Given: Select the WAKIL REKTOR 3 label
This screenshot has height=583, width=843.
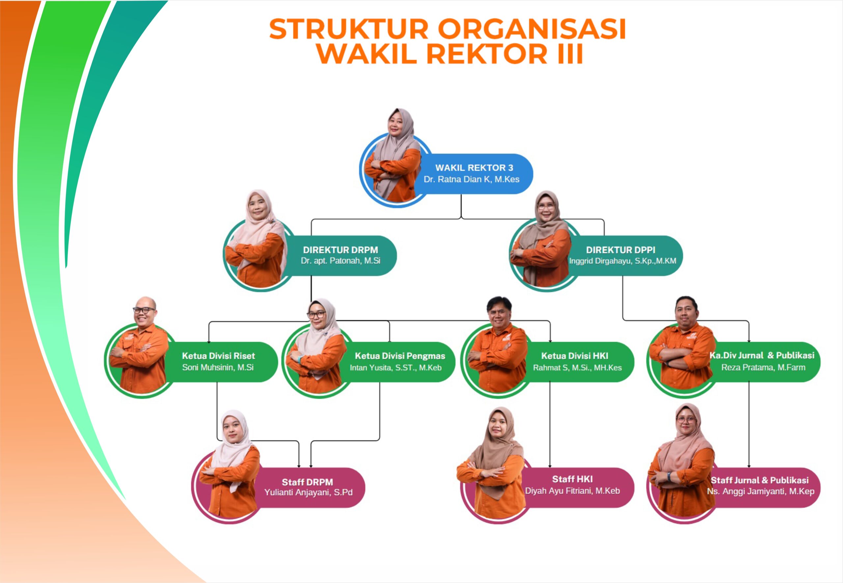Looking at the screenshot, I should pos(474,168).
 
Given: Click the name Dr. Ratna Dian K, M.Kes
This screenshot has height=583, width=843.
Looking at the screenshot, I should pos(471,179).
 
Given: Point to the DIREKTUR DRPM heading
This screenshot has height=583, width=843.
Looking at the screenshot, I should pos(340,250).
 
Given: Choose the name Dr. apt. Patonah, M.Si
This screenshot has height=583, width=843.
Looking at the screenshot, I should pos(340,261).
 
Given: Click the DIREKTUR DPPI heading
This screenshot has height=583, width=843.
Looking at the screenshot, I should pos(620,250).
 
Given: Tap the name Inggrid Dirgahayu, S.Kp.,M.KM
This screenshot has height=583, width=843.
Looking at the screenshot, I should pos(622,261).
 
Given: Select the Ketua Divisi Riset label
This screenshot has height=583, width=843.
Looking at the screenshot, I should pos(218,356).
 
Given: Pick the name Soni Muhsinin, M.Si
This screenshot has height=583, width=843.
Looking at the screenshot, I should pos(218,367).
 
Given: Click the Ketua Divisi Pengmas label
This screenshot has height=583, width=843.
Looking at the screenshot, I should pos(400,356).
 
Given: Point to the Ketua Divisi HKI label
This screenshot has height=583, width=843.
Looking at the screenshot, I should pos(574,356).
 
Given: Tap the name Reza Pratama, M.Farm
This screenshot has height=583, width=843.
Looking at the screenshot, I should pos(763,367).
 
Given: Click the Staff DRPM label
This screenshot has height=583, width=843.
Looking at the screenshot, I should pos(307,482).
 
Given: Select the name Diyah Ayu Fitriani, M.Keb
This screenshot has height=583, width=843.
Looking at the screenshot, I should pos(572,491).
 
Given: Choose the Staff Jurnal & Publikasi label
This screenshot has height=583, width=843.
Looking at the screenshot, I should pos(759,480).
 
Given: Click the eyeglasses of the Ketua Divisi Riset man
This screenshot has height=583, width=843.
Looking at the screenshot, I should pos(144,310).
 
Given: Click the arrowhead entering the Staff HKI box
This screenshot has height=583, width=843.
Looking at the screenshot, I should pos(550,466).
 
